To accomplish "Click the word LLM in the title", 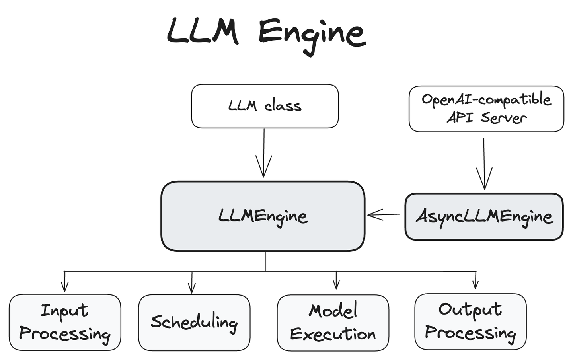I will [203, 31].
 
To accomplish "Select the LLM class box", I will [265, 106].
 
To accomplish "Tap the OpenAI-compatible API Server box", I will [486, 109].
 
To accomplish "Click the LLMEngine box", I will [263, 216].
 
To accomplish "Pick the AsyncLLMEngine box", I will [484, 217].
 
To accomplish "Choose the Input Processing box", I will [65, 322].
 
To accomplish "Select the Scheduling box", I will [194, 322].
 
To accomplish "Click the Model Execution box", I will [333, 323].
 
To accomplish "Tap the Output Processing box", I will [470, 321].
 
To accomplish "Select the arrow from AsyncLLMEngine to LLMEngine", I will [384, 215].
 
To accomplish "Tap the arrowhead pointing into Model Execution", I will [336, 285].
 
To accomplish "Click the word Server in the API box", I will [503, 118].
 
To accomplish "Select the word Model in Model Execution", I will [333, 311].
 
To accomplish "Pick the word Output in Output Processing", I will [470, 310].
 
